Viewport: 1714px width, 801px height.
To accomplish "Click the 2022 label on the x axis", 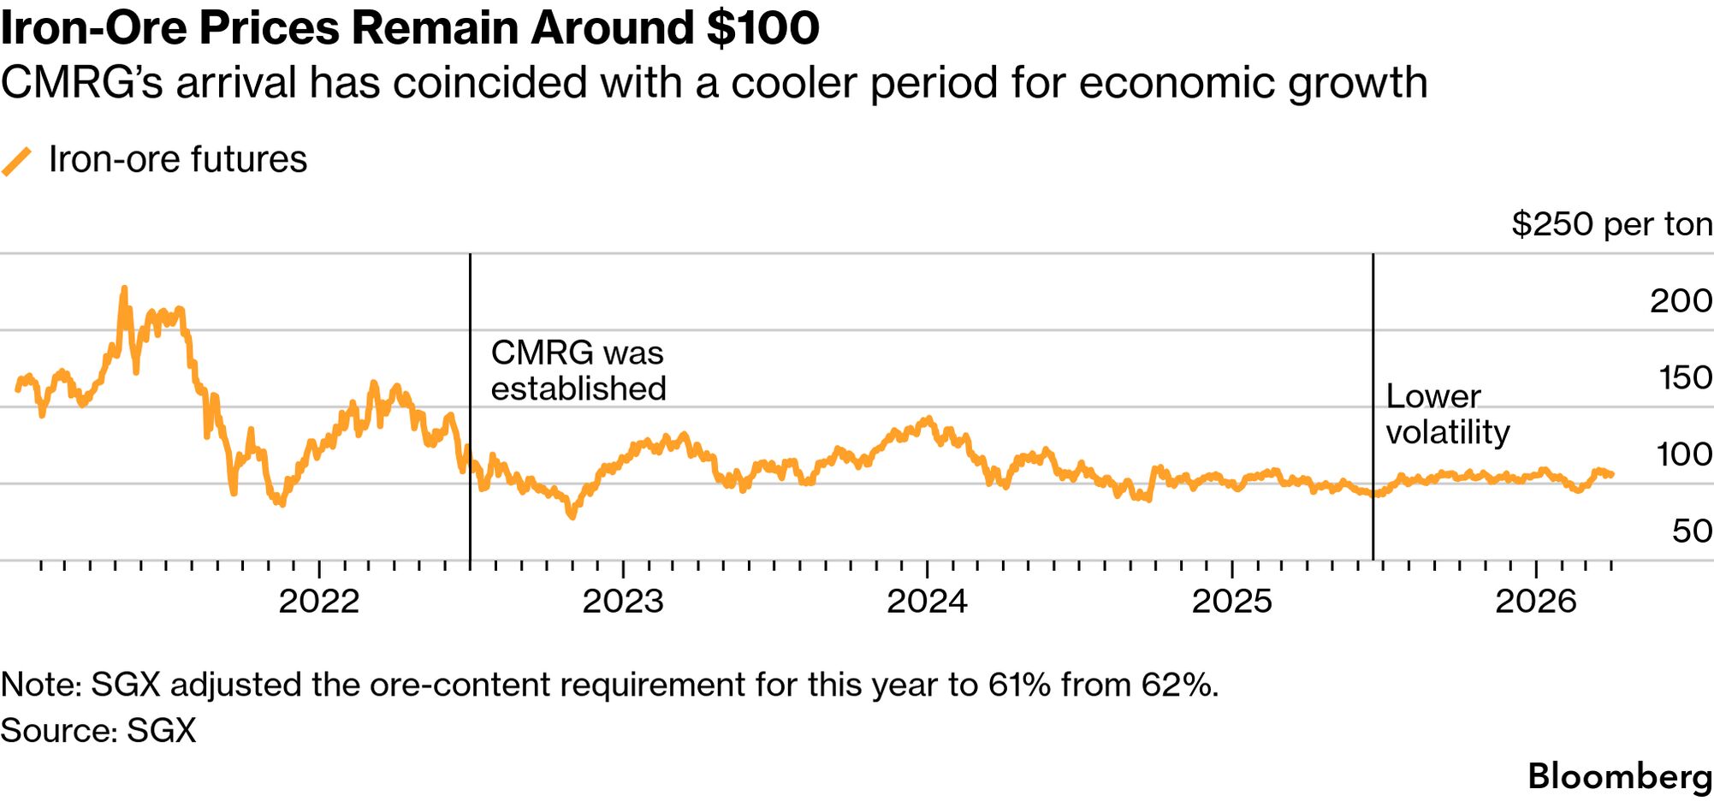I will click(x=318, y=602).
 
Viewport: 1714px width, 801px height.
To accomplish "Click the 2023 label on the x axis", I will click(x=623, y=602).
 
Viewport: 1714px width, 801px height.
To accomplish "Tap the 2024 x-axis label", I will click(x=927, y=602).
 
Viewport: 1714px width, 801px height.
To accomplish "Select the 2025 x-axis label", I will click(x=1231, y=602).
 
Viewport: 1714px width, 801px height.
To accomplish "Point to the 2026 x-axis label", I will click(x=1535, y=602).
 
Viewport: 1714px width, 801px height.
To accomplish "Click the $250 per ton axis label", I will click(x=1611, y=224).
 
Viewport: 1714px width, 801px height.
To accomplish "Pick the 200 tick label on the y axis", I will click(x=1681, y=301).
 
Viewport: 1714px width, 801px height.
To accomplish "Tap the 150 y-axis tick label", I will click(x=1685, y=377).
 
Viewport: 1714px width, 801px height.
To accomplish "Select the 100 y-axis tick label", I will click(x=1684, y=454).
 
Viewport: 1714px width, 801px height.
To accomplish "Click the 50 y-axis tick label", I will click(x=1692, y=531).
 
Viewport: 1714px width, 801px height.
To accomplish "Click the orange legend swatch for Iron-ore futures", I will click(x=17, y=161).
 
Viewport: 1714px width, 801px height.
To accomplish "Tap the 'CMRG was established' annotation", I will click(x=578, y=371).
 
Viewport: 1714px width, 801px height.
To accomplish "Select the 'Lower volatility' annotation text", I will click(x=1447, y=414).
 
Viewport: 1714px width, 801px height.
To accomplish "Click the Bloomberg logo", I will click(x=1620, y=776).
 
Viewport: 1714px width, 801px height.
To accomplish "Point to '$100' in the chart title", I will click(x=762, y=27).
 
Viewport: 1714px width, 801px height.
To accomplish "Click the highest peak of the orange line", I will click(x=124, y=289).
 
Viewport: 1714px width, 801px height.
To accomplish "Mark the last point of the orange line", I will click(x=1612, y=474).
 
